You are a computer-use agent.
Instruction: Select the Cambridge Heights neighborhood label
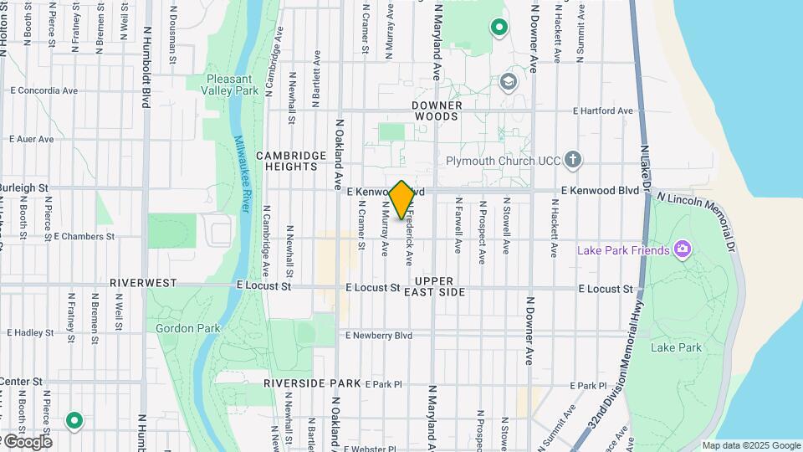[290, 161]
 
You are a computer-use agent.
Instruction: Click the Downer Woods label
[436, 110]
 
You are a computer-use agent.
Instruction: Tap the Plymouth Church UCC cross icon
[573, 159]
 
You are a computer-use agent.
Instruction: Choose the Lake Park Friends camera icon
[683, 249]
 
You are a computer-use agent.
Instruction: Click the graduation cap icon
[508, 82]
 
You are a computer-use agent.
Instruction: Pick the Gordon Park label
[188, 329]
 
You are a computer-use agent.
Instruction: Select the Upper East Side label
[434, 286]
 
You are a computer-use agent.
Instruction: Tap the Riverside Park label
[312, 383]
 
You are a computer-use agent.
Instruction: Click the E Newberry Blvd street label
[379, 336]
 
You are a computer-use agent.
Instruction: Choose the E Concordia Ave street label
[43, 90]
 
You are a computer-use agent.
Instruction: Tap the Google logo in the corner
[27, 442]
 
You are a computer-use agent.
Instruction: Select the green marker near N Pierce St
[74, 420]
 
